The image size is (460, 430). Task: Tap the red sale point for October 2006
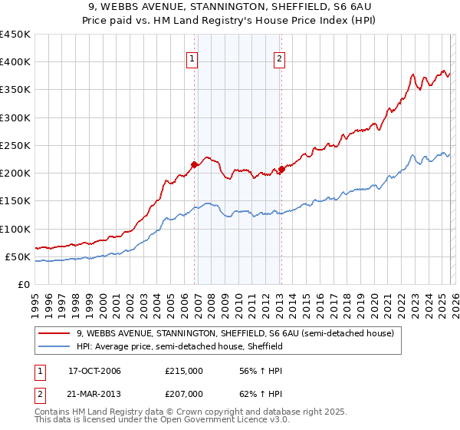195,164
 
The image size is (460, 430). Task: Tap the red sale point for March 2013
281,169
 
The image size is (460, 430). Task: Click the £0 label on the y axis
23,284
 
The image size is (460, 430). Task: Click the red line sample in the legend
55,333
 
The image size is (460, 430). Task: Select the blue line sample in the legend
55,346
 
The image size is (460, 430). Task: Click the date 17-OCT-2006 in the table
94,371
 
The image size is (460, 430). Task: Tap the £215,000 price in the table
184,371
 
